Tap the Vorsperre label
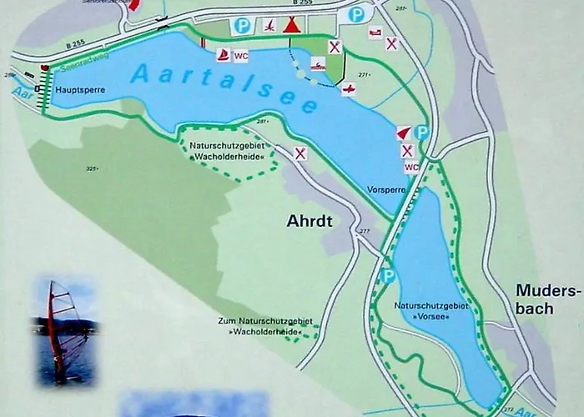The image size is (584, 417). coord(386,190)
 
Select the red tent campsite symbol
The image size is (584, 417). coord(290,25)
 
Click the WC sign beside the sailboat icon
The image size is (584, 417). coord(242,56)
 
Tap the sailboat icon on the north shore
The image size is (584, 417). coord(224,55)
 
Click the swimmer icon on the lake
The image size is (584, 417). coord(318,64)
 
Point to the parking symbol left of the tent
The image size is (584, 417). coord(242,25)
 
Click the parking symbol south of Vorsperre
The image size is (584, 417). coord(388,275)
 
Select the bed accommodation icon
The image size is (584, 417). coord(375,33)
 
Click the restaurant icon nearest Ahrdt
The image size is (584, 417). coord(300,153)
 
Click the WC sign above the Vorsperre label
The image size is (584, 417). coord(410,167)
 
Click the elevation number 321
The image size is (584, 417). coord(92,168)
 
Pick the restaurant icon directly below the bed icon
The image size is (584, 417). coord(391,43)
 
